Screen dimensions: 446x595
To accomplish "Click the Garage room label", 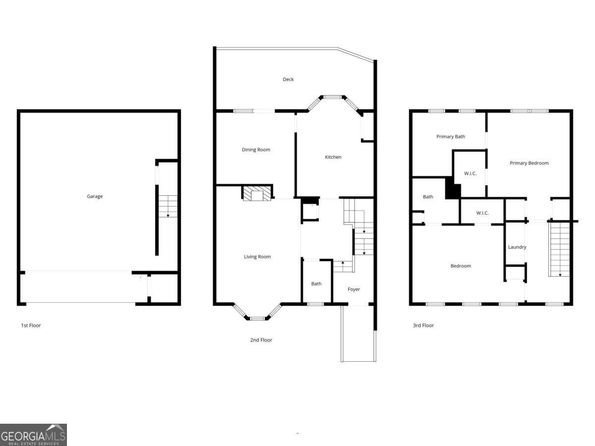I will click(x=95, y=196).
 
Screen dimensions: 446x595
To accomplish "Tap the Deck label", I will click(x=288, y=79).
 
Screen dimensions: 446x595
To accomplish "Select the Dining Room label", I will click(x=256, y=150).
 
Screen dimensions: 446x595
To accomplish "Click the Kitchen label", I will click(x=333, y=157).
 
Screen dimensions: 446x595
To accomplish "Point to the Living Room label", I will click(x=257, y=257).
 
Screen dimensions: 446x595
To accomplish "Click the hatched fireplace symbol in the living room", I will click(x=257, y=193).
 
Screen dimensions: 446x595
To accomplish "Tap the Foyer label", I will click(x=354, y=289).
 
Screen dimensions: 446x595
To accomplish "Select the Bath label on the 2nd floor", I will click(x=316, y=284).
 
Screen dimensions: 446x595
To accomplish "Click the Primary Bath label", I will click(x=451, y=137).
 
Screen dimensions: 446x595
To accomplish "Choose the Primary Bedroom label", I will click(x=529, y=163).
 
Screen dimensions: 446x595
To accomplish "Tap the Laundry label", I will click(x=517, y=247).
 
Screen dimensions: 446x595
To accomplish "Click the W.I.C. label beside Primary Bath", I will click(x=470, y=173).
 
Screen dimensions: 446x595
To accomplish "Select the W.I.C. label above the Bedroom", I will click(x=482, y=213).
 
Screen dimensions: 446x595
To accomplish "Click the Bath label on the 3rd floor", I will click(x=428, y=197).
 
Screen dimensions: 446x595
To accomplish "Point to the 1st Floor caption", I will click(x=31, y=326).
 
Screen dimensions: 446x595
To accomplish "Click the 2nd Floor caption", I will click(x=261, y=340).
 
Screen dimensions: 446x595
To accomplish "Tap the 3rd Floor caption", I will click(x=423, y=326).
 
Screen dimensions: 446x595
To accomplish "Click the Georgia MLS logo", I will click(x=33, y=435).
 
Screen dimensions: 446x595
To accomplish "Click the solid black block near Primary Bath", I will click(x=452, y=189).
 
